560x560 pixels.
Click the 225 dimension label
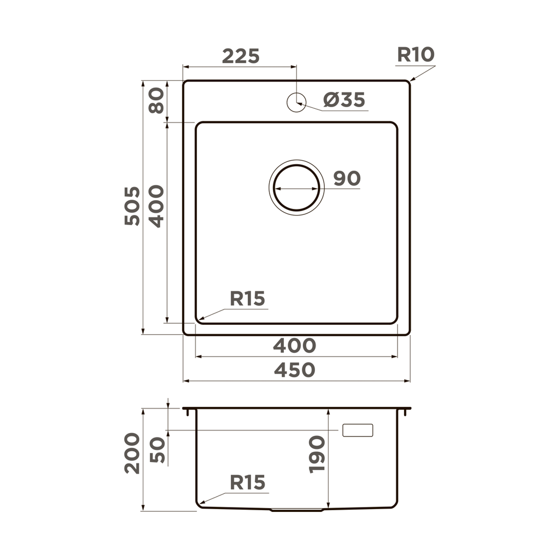[x=241, y=56]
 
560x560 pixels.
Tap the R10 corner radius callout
[x=416, y=55]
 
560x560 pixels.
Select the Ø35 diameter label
[x=343, y=100]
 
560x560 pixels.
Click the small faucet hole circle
[x=296, y=101]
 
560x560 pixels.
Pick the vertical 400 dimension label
[x=156, y=206]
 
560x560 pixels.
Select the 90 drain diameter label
[x=347, y=178]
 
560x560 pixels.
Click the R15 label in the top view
[x=247, y=299]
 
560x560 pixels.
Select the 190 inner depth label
[x=317, y=454]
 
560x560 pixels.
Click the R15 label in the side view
[x=247, y=482]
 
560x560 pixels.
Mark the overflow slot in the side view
[x=357, y=430]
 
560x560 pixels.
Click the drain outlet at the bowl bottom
[x=296, y=510]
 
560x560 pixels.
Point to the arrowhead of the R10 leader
[x=411, y=80]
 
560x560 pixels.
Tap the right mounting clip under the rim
[x=405, y=412]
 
